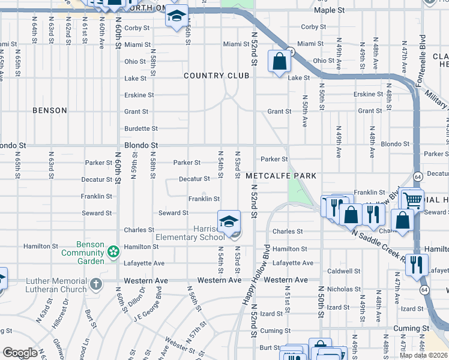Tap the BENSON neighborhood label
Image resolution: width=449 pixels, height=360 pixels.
[49, 111]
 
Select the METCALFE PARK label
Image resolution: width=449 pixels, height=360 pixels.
[280, 176]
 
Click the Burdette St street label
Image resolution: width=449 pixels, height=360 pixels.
[141, 128]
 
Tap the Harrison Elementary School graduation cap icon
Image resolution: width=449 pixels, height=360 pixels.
[229, 222]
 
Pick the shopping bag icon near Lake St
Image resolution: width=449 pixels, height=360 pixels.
[280, 61]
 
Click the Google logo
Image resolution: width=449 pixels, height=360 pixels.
[20, 353]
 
